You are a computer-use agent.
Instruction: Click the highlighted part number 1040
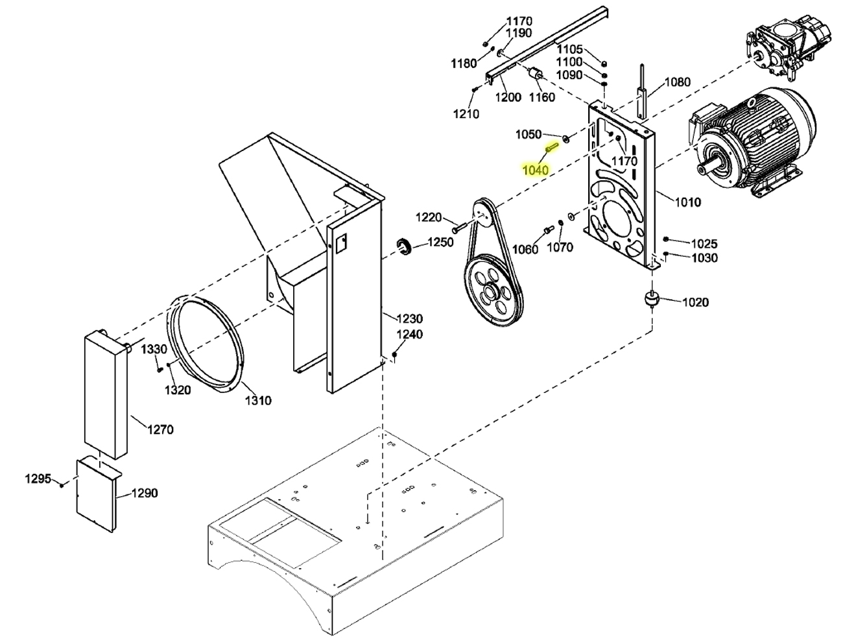click(536, 170)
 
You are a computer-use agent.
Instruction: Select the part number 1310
click(257, 400)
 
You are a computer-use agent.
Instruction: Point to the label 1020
click(695, 302)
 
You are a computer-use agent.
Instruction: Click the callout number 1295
click(38, 479)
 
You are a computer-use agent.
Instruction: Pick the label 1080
click(678, 82)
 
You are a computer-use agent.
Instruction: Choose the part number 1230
click(409, 318)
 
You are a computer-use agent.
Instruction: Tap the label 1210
click(466, 114)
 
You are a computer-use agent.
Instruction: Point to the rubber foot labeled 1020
click(651, 300)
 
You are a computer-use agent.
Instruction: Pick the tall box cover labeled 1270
click(106, 392)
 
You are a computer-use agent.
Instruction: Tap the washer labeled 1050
click(565, 139)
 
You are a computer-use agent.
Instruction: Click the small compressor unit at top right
click(785, 47)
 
